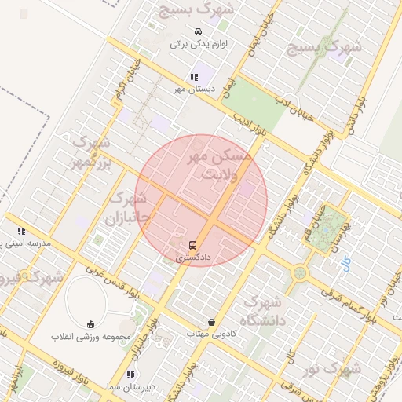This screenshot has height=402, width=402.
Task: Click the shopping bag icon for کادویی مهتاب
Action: (211, 322)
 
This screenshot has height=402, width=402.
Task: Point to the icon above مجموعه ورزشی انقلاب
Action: (90, 324)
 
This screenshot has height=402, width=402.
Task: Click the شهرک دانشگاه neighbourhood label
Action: (262, 311)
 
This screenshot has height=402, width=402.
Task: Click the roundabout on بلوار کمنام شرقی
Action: (300, 273)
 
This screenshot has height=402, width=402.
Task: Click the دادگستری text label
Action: (194, 257)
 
